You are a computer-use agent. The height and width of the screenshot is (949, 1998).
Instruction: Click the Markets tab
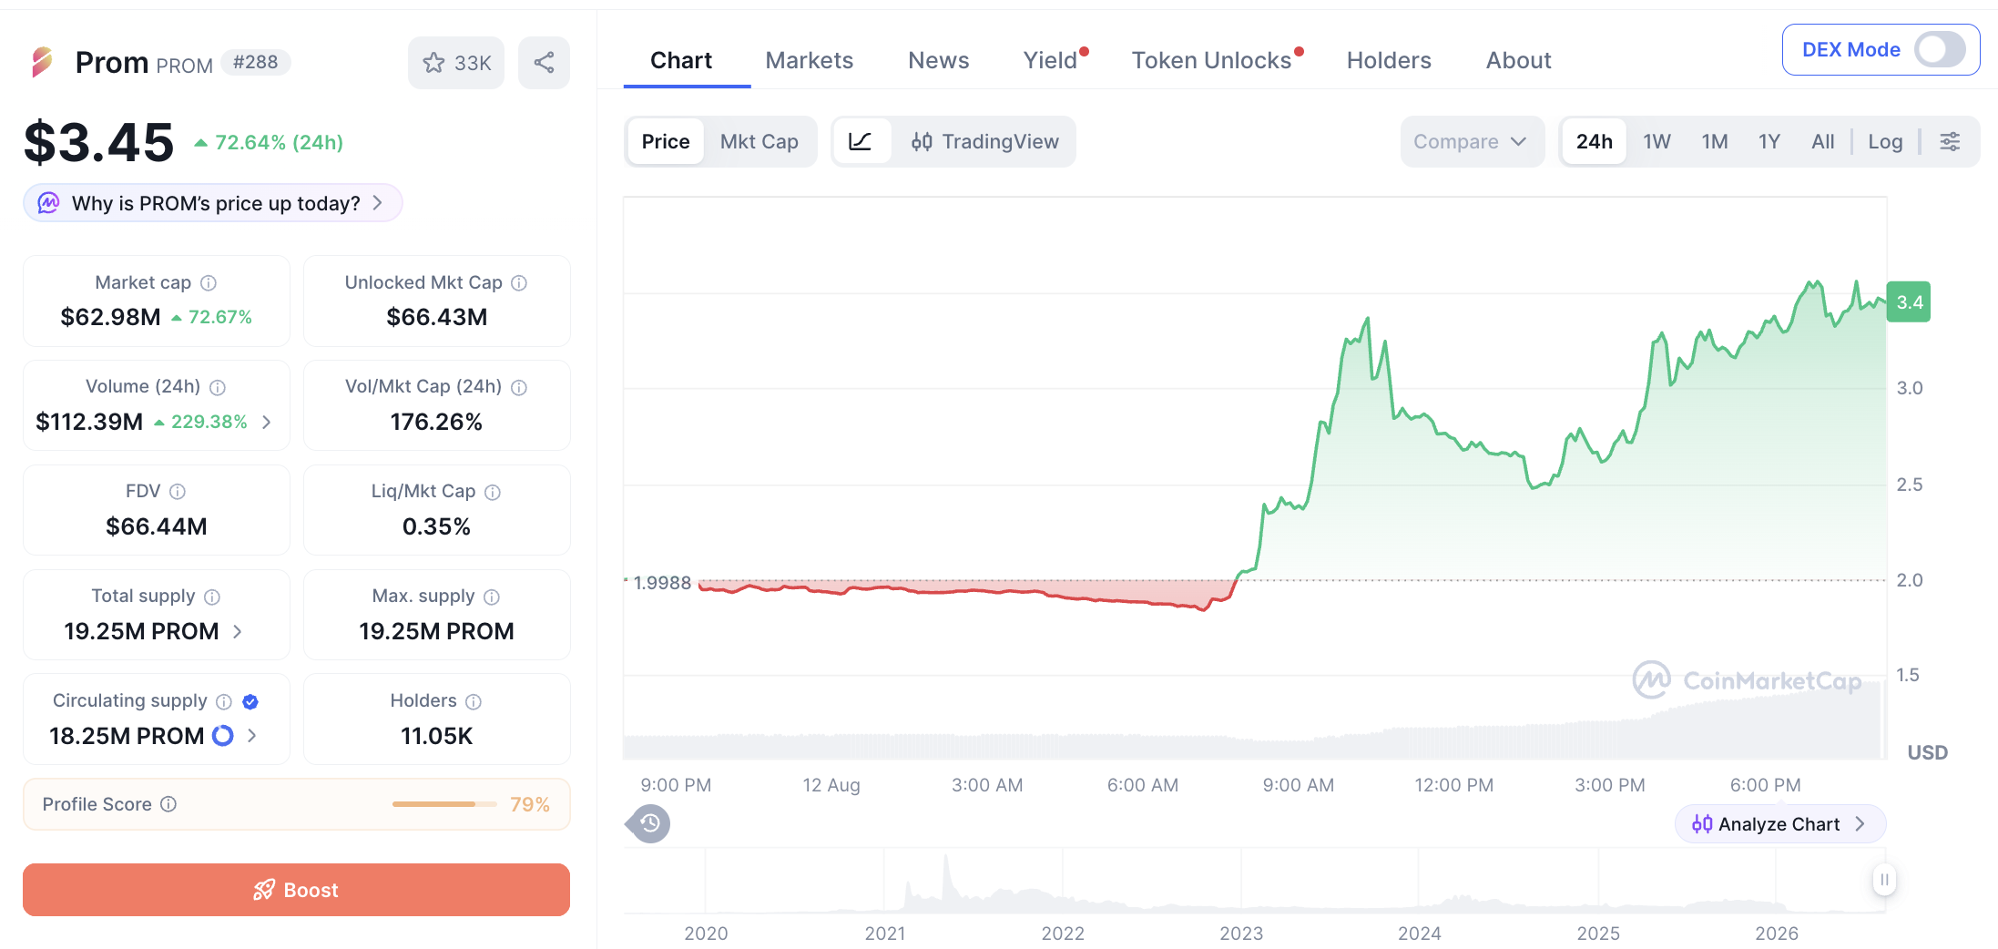point(809,60)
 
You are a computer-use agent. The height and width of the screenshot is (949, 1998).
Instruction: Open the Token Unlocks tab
point(1211,60)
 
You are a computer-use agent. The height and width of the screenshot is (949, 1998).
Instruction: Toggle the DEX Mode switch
point(1940,49)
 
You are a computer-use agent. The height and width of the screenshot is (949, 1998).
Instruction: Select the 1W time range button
point(1657,141)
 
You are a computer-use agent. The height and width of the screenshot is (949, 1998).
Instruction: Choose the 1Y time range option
point(1769,141)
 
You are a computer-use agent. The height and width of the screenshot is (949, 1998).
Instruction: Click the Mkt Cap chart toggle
point(759,141)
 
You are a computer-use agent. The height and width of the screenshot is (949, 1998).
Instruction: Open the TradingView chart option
point(984,141)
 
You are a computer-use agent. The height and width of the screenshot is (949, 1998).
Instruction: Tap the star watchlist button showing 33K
point(456,63)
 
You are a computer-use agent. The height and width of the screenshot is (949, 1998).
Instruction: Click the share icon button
point(544,63)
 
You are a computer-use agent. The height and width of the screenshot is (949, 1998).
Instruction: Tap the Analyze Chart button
point(1779,824)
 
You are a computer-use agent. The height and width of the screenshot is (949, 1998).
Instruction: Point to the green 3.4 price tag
point(1909,302)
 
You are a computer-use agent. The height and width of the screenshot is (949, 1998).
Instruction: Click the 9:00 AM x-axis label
point(1298,785)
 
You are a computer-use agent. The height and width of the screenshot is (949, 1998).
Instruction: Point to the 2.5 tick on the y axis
point(1910,485)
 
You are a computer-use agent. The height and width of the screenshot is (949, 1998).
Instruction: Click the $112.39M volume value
point(89,422)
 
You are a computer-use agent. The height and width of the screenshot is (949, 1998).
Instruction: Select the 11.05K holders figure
point(436,736)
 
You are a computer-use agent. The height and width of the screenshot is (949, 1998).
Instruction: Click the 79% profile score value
point(529,805)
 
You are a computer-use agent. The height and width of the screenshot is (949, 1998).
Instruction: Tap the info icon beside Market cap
point(209,283)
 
